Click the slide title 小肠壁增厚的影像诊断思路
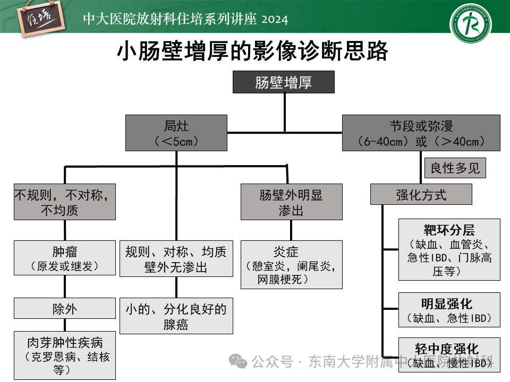(x=252, y=52)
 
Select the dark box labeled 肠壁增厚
(x=284, y=82)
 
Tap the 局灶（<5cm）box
(x=176, y=133)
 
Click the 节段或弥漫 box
(x=421, y=133)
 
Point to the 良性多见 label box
(x=455, y=168)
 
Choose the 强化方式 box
(x=421, y=195)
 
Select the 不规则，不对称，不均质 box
(x=65, y=202)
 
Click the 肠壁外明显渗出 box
(x=291, y=202)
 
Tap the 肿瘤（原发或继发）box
(x=65, y=258)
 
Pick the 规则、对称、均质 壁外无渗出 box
(x=176, y=258)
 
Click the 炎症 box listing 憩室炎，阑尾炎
(x=291, y=264)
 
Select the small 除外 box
(x=65, y=309)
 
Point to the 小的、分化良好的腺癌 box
(x=176, y=316)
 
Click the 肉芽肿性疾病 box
(x=65, y=355)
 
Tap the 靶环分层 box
(x=449, y=250)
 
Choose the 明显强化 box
(x=449, y=310)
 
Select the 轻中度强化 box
(x=449, y=355)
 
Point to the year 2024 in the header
(x=275, y=20)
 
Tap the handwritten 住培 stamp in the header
(x=40, y=19)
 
